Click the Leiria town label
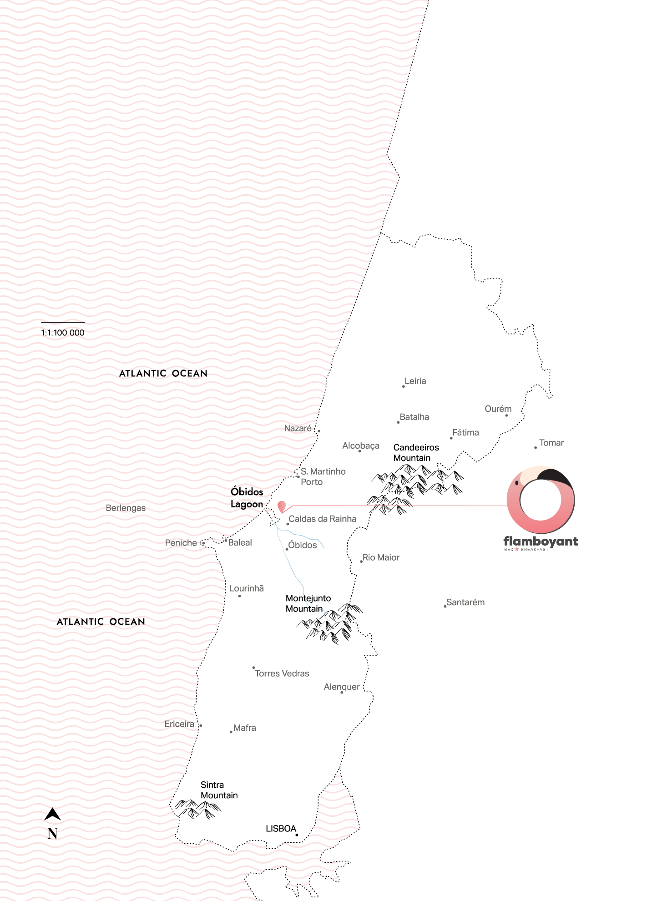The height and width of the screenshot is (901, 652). click(415, 381)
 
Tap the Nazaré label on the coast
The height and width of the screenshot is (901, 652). click(298, 428)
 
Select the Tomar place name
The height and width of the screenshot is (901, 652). click(551, 443)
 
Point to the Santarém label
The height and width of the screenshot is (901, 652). click(465, 602)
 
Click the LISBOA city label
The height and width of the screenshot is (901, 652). click(281, 829)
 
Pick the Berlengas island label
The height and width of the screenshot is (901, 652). click(126, 508)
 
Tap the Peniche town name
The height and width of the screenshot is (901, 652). click(181, 543)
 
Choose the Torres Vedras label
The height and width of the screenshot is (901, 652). click(282, 673)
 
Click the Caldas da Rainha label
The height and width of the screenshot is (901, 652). click(322, 519)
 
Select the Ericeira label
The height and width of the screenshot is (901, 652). click(179, 724)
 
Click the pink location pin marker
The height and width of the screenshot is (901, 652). click(282, 506)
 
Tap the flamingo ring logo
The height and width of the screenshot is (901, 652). click(541, 500)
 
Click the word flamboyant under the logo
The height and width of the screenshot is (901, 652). click(541, 541)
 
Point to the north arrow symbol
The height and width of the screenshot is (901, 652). click(52, 815)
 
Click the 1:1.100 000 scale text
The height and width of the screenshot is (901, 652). click(63, 333)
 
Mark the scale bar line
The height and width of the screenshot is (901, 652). click(63, 322)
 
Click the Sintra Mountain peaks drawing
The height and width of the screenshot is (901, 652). click(197, 810)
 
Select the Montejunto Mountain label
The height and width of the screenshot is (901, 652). click(308, 603)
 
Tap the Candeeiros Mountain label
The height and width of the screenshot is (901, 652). click(416, 453)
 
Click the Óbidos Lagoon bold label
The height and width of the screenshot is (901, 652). click(247, 498)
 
